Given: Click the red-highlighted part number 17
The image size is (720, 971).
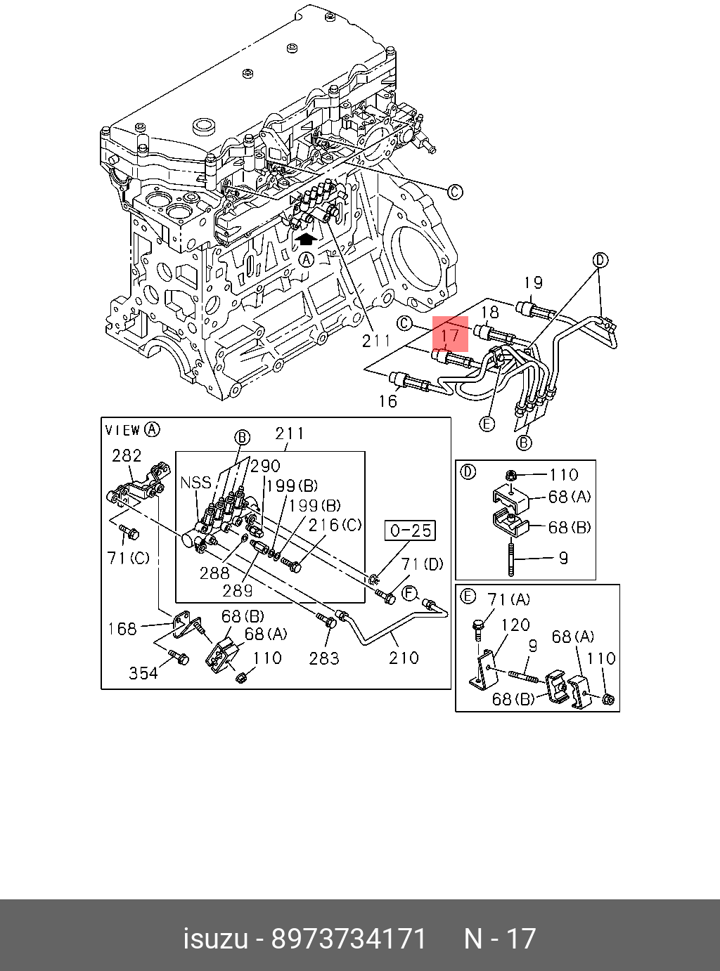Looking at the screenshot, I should coord(450,334).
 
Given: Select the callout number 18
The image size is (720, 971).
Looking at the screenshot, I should coord(490,313).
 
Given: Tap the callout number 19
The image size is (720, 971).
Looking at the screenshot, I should coord(534,282).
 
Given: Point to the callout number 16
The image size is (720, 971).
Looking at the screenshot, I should coord(387,400).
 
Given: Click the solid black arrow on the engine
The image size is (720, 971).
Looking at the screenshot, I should coord(305,240).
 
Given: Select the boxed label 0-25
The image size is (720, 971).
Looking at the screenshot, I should coord(410,530).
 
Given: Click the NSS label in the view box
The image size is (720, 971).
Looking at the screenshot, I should coord(195,482).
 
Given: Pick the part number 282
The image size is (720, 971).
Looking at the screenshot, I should coord(127,455).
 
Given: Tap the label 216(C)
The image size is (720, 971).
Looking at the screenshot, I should coord(335,524).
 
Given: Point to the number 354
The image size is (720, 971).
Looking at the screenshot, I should coord(143,672).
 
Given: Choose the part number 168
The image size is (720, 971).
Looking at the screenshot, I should coord(122,628).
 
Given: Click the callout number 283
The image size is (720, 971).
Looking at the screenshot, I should coord(324,658).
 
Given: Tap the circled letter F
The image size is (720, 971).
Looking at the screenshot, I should coord(409,594).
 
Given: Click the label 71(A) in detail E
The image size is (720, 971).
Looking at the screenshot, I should coord(509,599).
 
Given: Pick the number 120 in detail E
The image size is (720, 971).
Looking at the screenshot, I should coord(515,624).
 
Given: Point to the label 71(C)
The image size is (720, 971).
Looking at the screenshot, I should coord(128,558).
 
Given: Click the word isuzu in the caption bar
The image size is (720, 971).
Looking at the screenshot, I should coord(215,939).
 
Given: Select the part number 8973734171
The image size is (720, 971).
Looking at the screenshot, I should coord(349,939).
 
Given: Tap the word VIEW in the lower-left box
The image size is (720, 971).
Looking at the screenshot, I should coord(122,430).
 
